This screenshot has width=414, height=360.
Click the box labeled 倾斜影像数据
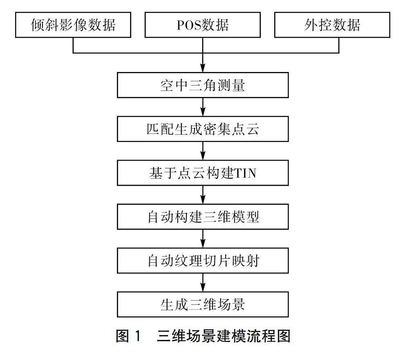coord(73,25)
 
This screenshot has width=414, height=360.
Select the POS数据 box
coord(203,25)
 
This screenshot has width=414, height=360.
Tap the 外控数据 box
coord(332,25)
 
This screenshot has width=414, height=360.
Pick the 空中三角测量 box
coord(203,85)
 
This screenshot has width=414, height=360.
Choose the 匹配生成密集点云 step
coord(203,129)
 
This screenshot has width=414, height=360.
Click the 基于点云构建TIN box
coord(203,173)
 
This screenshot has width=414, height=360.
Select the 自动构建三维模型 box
coord(203,216)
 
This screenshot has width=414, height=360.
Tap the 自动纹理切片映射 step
coord(203,260)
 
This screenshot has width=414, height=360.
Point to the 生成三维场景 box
coord(203,304)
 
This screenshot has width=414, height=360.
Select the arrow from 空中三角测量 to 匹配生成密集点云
coord(203,107)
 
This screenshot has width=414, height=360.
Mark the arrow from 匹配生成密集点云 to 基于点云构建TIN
coord(203,151)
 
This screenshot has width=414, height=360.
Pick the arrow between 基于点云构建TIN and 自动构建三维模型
coord(203,195)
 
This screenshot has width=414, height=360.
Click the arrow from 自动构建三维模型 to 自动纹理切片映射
coord(203,239)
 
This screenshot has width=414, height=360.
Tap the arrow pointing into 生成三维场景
coord(203,282)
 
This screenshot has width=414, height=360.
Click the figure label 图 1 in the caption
coord(128,336)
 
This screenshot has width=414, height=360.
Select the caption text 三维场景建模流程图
coord(223,336)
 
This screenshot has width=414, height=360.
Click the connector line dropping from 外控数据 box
coord(339,45)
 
